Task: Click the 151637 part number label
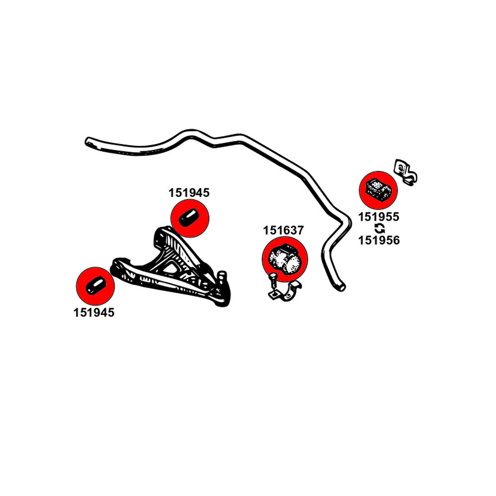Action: (283, 231)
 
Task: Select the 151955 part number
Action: (379, 217)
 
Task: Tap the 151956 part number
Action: (379, 240)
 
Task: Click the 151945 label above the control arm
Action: (189, 193)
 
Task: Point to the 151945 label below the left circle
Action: (94, 313)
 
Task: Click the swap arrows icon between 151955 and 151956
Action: (379, 229)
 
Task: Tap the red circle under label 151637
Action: (285, 258)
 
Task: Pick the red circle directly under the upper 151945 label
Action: (190, 218)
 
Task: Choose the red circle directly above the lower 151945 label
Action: (95, 287)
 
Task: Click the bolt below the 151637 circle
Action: (273, 284)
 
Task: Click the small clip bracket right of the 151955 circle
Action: (406, 172)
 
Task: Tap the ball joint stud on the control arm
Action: (223, 276)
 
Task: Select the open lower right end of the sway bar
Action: (341, 287)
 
